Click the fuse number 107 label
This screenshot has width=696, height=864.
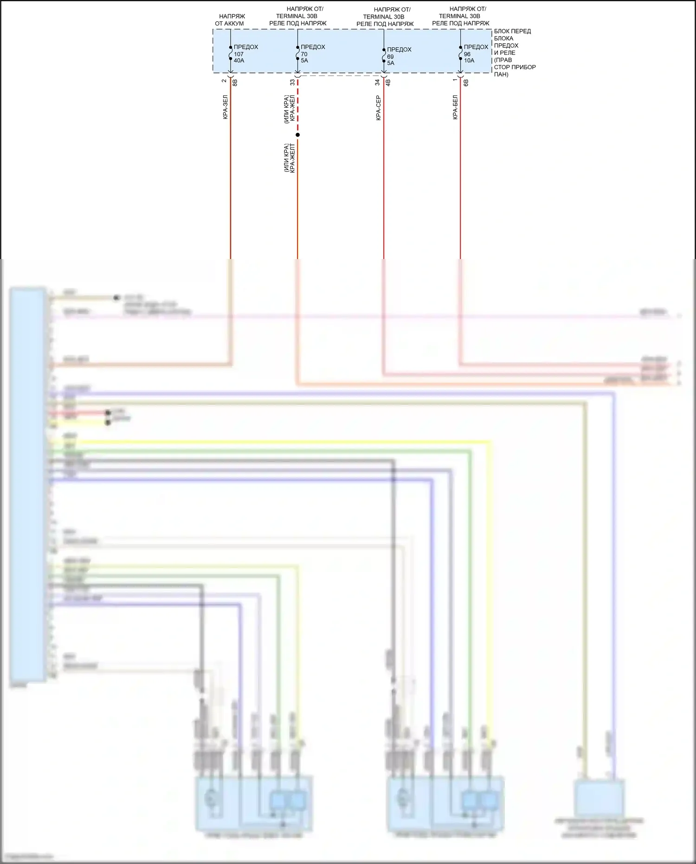click(238, 54)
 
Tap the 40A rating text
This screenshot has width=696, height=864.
click(239, 61)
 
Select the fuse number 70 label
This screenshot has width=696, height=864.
click(304, 54)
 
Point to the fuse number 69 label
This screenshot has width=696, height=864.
click(390, 56)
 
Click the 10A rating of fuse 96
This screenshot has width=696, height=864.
click(469, 61)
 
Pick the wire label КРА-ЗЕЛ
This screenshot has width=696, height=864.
click(225, 107)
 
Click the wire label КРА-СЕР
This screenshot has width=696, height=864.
click(378, 108)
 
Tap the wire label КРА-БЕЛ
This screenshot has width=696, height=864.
click(455, 107)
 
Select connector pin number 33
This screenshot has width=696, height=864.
click(292, 82)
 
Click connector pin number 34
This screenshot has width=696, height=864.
click(378, 82)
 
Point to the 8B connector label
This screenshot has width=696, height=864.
click(235, 82)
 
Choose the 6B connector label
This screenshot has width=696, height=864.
click(465, 82)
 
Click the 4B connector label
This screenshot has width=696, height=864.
click(388, 82)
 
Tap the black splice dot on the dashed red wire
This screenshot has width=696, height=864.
click(297, 135)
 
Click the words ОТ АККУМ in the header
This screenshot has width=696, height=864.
click(229, 24)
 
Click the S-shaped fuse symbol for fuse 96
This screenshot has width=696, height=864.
click(460, 53)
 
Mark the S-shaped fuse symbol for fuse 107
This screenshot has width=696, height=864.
click(230, 53)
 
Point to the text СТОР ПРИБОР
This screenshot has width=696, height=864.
click(515, 67)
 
